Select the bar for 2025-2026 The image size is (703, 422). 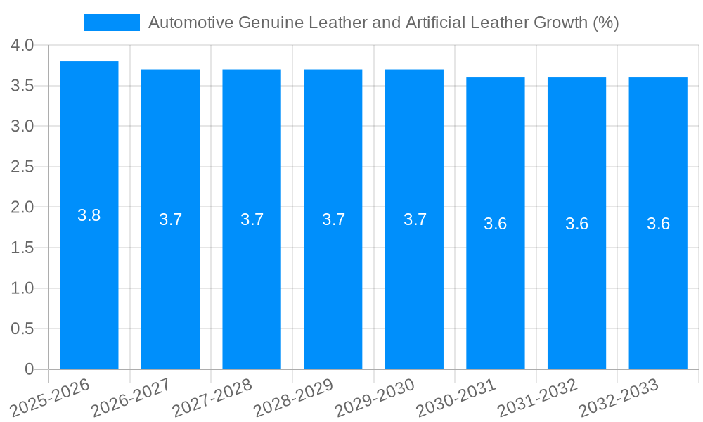89,281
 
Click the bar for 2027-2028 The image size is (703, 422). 252,281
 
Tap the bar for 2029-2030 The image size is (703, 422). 414,281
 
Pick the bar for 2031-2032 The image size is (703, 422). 576,281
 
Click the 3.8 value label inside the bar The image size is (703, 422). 89,215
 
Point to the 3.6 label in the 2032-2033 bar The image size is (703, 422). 658,224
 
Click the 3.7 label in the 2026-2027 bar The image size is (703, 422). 171,219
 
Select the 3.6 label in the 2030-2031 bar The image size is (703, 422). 496,224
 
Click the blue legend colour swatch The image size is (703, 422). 112,23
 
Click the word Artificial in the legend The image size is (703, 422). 434,23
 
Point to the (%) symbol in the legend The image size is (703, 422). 605,23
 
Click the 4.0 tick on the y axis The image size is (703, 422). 22,45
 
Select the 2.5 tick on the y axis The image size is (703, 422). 22,167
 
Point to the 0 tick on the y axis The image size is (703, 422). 29,369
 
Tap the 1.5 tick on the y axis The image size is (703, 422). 22,248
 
